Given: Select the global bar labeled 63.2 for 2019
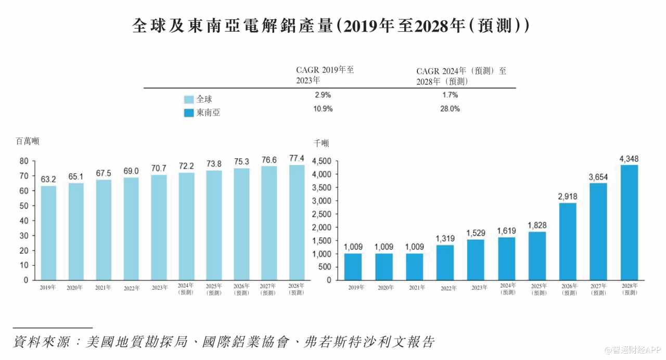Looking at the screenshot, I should coord(48,233).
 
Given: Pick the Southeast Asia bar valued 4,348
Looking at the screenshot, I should coord(629,222).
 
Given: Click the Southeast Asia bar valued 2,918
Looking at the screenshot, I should coord(568,241).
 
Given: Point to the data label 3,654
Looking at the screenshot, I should coord(598,177).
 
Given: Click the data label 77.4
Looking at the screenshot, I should coord(297,159).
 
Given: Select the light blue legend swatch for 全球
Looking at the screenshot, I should coord(189,99).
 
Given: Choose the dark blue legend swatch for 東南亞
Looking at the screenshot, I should coord(189,112).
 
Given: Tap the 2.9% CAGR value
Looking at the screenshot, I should coord(323,95).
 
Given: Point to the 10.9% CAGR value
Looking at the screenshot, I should coord(323,109).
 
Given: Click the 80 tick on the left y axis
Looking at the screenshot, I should coord(24,161).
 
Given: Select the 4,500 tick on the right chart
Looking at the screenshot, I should coord(321,161).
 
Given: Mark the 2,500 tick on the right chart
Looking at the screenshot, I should coord(321,214).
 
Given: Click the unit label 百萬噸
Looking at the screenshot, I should coord(28,141).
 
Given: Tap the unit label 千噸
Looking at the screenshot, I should coord(321,143).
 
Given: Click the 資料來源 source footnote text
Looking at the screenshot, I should coord(224,342).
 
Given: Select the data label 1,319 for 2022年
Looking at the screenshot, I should coord(445,239).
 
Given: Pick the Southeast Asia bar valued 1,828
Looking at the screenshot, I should coord(537,255).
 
